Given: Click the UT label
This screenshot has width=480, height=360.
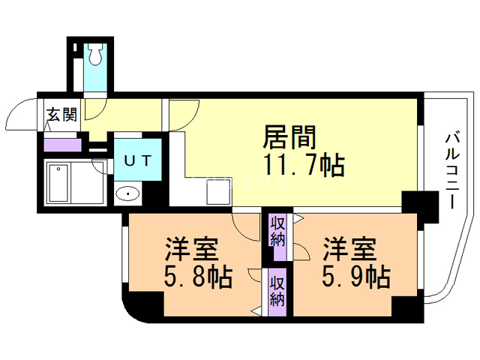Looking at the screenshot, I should (x=138, y=160).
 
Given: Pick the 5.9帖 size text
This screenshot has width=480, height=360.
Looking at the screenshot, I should (x=356, y=277).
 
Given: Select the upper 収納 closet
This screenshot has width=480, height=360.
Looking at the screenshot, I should (x=277, y=232).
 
